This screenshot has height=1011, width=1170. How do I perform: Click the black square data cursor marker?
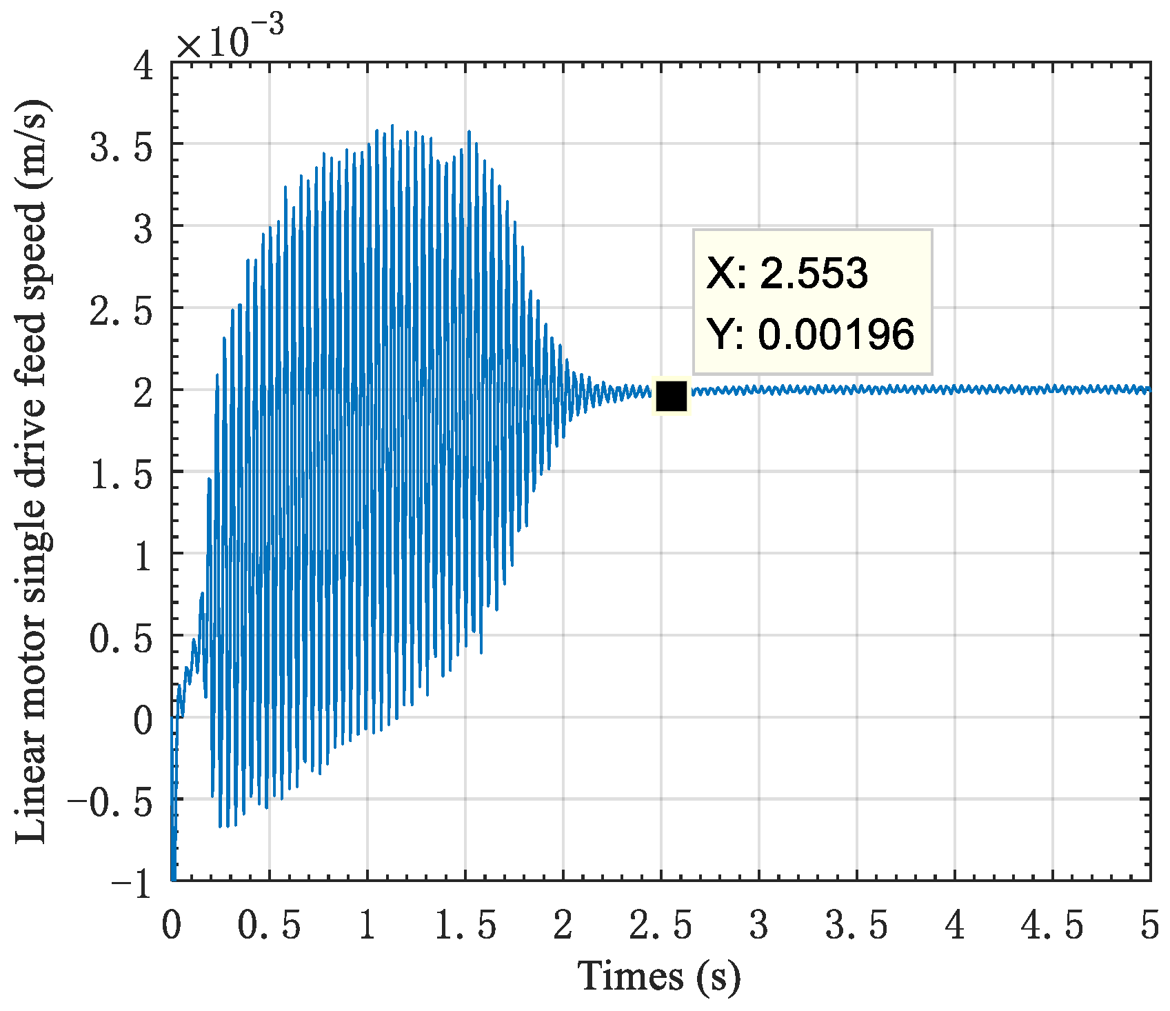[671, 397]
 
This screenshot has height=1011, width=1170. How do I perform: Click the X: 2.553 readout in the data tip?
[787, 273]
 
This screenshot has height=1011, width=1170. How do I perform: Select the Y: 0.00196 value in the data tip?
[811, 334]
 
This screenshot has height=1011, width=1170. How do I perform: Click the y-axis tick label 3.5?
[121, 148]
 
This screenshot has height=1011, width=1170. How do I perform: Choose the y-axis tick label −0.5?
[110, 803]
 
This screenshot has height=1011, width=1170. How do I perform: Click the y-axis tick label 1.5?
[121, 477]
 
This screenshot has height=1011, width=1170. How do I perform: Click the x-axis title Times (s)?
[659, 976]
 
